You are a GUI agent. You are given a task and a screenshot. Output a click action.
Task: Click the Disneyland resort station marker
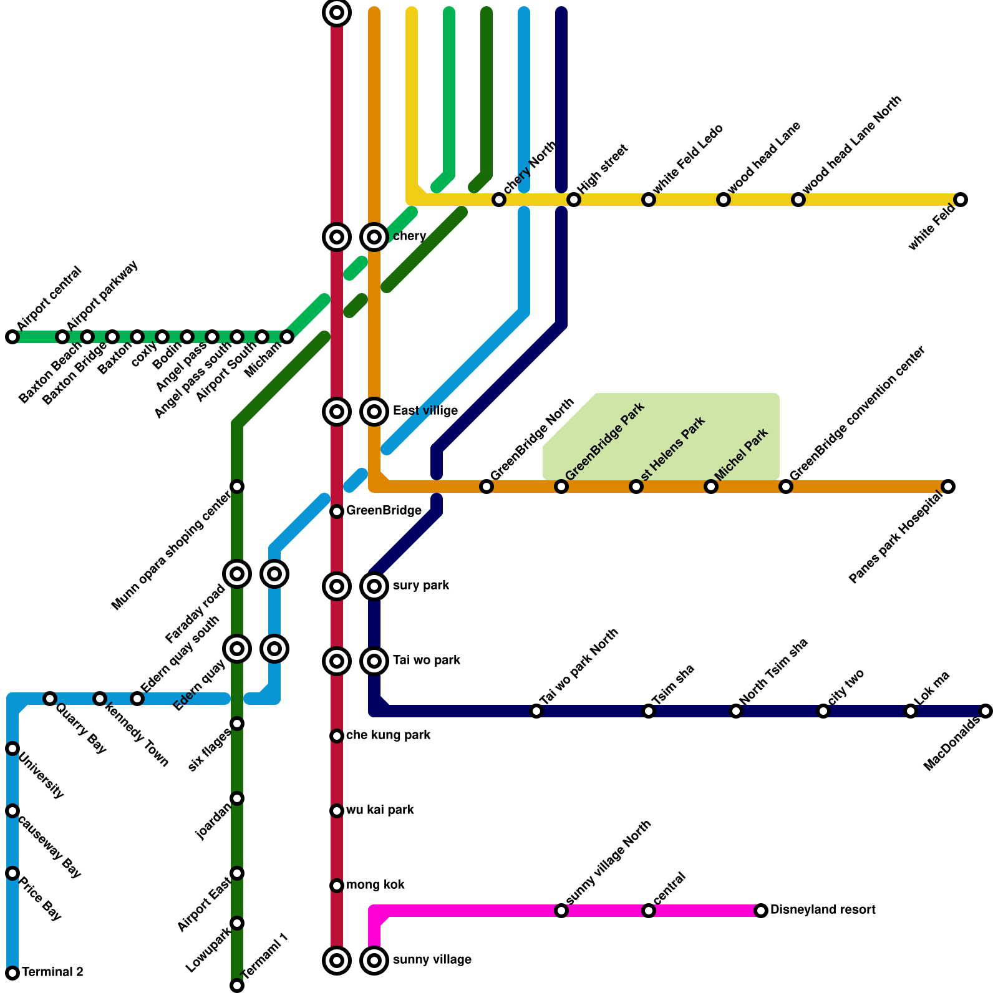coord(761,911)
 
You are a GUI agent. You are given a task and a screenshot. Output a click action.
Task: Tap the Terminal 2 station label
coord(52,972)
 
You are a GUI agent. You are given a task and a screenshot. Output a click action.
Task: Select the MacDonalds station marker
coord(986,711)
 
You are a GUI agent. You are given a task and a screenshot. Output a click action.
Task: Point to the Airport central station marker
coord(12,337)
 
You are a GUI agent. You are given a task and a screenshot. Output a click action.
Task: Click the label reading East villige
coord(425,411)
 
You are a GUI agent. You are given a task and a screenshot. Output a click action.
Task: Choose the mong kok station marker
coord(337,886)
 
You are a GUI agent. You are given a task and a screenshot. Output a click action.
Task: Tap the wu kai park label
coord(380,810)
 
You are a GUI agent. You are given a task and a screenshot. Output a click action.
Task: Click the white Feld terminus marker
coord(961,200)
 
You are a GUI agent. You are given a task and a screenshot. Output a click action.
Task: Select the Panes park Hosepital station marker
coord(948,487)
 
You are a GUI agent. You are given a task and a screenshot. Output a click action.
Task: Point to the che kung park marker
coord(337,736)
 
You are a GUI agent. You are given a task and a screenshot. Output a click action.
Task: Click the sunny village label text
coord(432,960)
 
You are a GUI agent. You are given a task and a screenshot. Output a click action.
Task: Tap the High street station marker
coord(574,200)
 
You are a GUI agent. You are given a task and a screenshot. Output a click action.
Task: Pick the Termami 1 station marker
coord(237,986)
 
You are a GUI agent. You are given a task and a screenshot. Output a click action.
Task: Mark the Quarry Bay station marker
coord(50,699)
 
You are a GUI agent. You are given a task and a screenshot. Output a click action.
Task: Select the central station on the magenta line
coord(649,911)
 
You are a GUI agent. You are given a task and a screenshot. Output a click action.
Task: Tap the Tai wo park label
coord(427,661)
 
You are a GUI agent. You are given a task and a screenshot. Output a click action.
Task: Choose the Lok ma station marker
coord(911,711)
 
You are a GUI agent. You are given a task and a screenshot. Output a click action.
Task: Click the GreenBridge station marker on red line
coord(337,511)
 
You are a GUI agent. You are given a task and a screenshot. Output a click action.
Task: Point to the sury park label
coord(421,586)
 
